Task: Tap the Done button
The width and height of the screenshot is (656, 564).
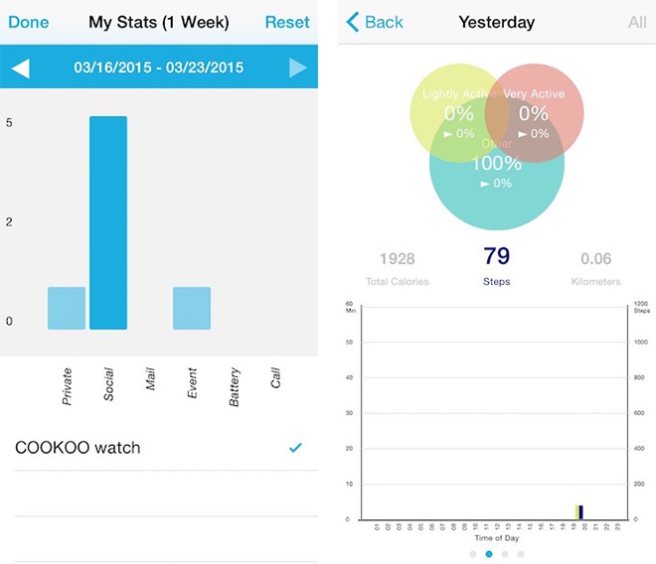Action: [28, 22]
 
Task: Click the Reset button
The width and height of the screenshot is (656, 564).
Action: [287, 22]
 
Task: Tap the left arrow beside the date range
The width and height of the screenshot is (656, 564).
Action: [21, 69]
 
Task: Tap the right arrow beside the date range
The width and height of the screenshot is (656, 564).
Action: [297, 69]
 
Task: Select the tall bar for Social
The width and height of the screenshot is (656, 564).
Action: [108, 222]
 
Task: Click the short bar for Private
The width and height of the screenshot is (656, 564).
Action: [67, 308]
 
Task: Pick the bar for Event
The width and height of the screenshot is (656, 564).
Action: [192, 308]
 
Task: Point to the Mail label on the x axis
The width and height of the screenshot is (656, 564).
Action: [151, 379]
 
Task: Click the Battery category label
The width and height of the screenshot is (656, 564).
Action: [235, 386]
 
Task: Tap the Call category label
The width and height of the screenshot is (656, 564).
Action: [276, 378]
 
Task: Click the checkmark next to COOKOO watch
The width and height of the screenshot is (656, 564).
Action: [295, 448]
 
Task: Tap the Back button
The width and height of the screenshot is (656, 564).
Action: [375, 22]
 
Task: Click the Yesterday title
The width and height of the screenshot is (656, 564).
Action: [496, 22]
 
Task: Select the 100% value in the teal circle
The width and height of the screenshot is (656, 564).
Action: [496, 163]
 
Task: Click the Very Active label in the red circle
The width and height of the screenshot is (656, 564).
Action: [534, 94]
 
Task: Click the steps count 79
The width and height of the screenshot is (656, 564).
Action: [496, 257]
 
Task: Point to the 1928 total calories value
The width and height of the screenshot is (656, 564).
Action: [397, 259]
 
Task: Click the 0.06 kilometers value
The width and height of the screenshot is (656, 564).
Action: [596, 259]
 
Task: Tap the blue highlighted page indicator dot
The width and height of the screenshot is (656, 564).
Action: [488, 554]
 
